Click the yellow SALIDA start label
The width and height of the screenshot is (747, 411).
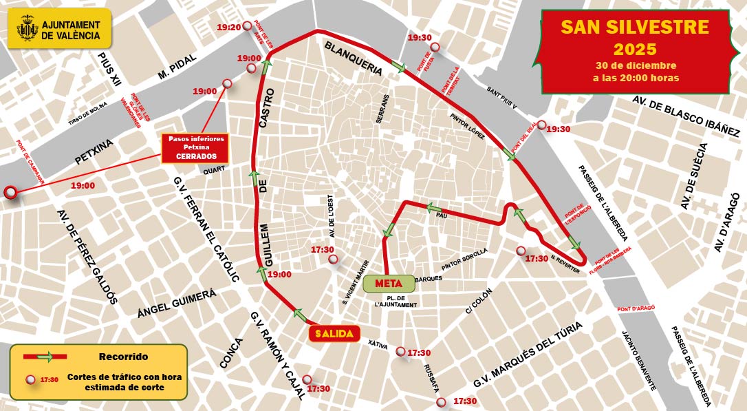[x=334, y=333]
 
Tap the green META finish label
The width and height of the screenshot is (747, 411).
[x=388, y=282]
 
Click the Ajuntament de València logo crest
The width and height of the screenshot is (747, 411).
[x=27, y=30]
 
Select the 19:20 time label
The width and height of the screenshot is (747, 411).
[x=228, y=28]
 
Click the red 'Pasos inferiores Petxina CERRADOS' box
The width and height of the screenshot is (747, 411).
[x=195, y=148]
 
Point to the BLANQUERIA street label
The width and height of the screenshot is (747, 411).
[x=353, y=58]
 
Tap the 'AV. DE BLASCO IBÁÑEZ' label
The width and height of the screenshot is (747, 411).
[x=686, y=115]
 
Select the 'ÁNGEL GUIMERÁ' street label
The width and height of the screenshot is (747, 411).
[x=177, y=304]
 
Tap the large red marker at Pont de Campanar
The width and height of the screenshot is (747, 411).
[x=11, y=193]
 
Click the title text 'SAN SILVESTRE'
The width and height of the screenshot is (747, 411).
[x=634, y=27]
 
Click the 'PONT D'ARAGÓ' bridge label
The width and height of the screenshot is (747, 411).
[x=636, y=308]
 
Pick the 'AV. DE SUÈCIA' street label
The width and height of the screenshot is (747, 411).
[x=693, y=177]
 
